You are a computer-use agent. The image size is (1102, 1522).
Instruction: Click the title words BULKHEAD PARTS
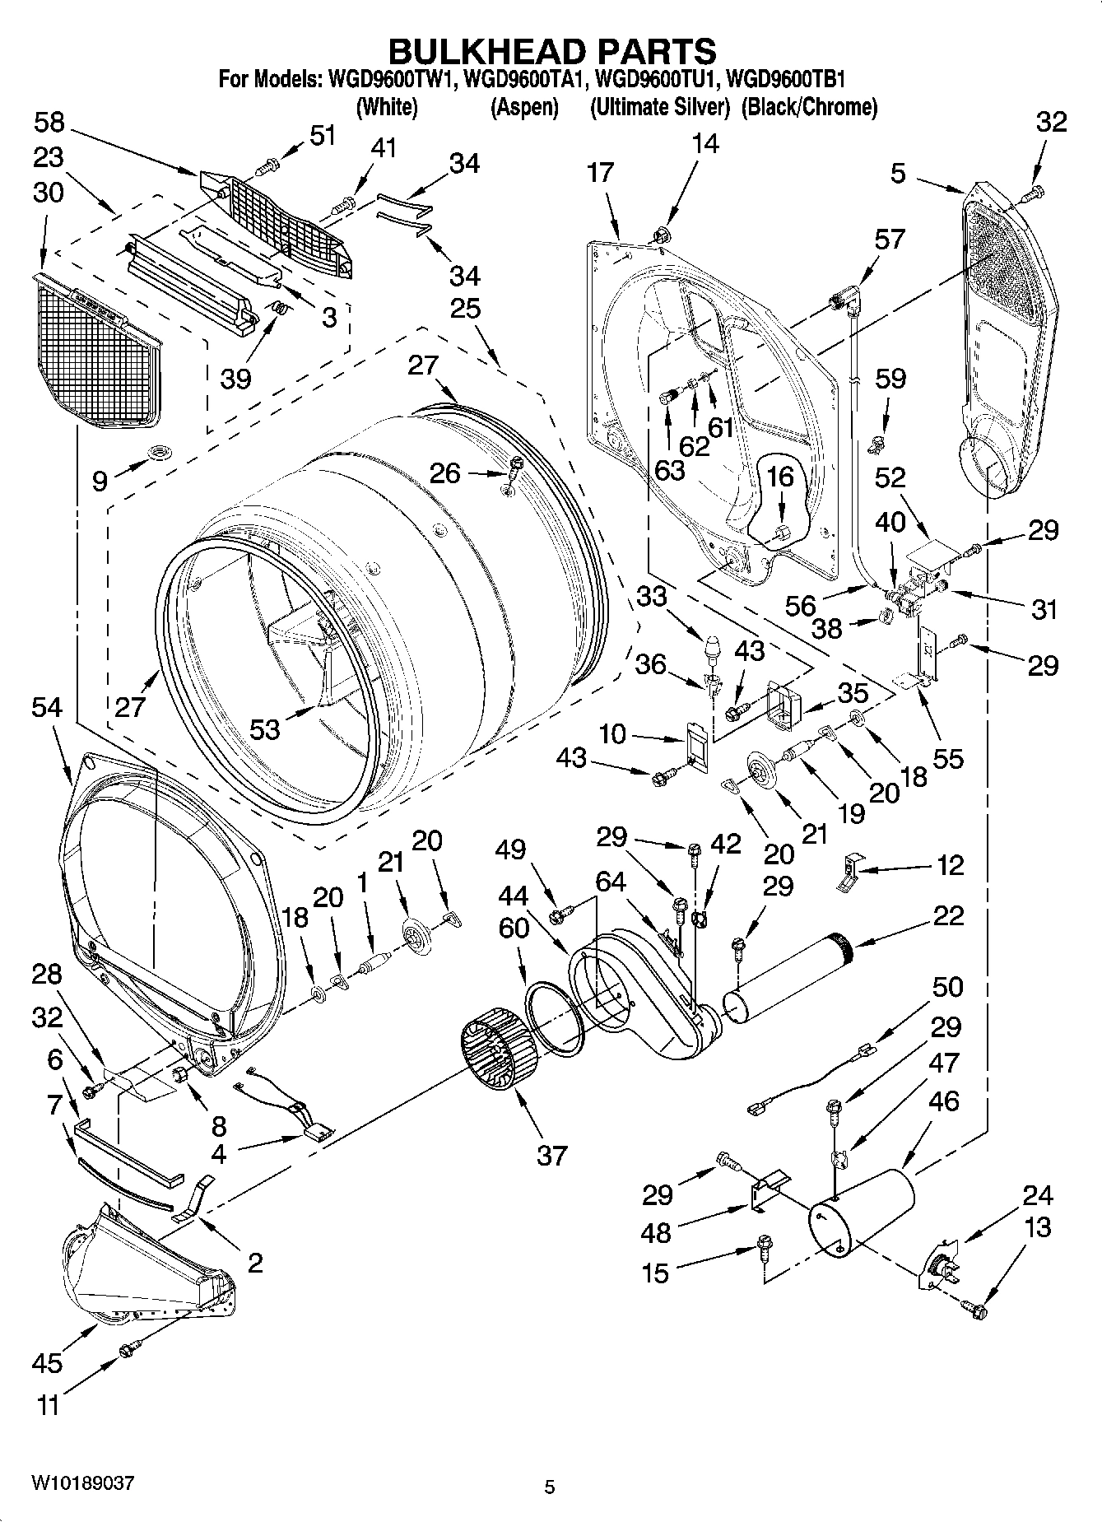pyautogui.click(x=551, y=51)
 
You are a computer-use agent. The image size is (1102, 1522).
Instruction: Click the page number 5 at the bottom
pyautogui.click(x=550, y=1487)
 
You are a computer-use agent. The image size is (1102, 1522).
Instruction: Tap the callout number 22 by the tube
pyautogui.click(x=947, y=915)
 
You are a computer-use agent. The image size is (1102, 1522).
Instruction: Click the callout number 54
pyautogui.click(x=47, y=707)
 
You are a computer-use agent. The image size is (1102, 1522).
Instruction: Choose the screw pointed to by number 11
pyautogui.click(x=127, y=1349)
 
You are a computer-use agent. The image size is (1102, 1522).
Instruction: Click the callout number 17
pyautogui.click(x=601, y=173)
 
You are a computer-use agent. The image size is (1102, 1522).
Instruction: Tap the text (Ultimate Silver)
pyautogui.click(x=660, y=107)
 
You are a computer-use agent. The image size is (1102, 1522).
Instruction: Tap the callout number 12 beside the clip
pyautogui.click(x=950, y=865)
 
